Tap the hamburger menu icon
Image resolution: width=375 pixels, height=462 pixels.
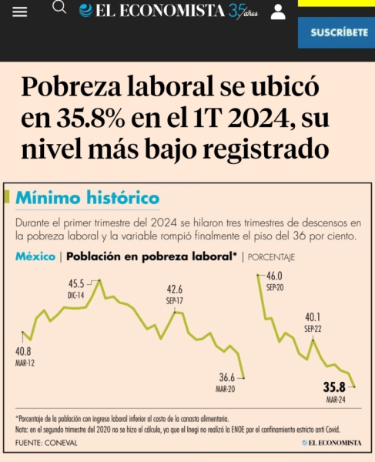(x=20, y=12)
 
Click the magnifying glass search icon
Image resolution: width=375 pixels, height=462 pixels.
(x=59, y=8)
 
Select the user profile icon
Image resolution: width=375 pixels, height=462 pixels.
(x=278, y=12)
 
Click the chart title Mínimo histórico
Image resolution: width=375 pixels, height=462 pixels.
(x=88, y=198)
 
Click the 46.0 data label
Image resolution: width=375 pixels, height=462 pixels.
(x=275, y=276)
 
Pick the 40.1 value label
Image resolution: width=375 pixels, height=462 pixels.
(x=313, y=316)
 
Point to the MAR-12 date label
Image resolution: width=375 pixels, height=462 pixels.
(x=25, y=362)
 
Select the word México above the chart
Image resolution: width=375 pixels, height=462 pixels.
(x=35, y=256)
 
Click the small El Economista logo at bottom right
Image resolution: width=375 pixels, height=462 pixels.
(x=331, y=443)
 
